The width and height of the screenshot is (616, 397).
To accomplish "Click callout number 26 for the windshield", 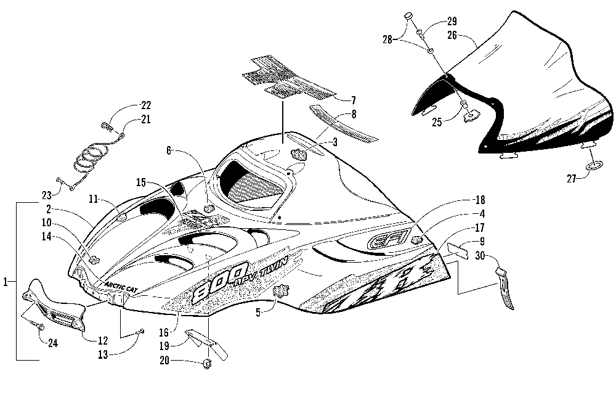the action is pyautogui.click(x=452, y=35).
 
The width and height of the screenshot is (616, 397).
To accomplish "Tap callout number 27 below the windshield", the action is pyautogui.click(x=571, y=179).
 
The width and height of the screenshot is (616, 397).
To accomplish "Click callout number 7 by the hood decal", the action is pyautogui.click(x=353, y=100).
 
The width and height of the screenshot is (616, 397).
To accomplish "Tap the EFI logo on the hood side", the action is pyautogui.click(x=389, y=238).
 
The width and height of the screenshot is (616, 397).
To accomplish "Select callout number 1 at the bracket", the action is pyautogui.click(x=5, y=282).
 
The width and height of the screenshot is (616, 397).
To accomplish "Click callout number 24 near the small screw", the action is pyautogui.click(x=52, y=343).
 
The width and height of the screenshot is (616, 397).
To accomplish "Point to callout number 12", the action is pyautogui.click(x=102, y=340).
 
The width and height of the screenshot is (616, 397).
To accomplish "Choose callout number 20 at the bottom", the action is pyautogui.click(x=164, y=360).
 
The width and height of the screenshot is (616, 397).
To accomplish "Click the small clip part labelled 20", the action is pyautogui.click(x=206, y=365).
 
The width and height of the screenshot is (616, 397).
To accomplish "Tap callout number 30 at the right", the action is pyautogui.click(x=480, y=255).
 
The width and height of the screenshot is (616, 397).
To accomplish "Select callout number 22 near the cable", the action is pyautogui.click(x=146, y=105).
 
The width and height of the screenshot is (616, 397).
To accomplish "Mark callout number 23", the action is pyautogui.click(x=47, y=195).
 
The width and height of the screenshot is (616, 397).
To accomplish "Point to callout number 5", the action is pyautogui.click(x=258, y=313).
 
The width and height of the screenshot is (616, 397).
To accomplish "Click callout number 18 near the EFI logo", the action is pyautogui.click(x=480, y=200).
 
